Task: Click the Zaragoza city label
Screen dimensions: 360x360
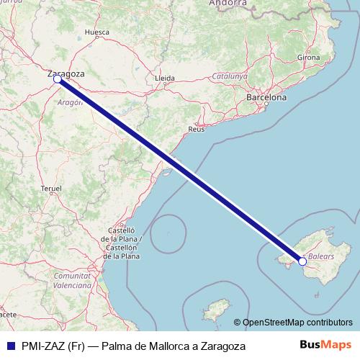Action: click(66, 73)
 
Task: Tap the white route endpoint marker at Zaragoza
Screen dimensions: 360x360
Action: click(57, 80)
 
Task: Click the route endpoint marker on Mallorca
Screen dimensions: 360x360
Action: click(302, 262)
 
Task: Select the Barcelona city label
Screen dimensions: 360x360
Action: click(266, 96)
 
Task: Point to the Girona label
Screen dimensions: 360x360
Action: click(308, 58)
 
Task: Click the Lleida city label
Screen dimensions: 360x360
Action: click(165, 77)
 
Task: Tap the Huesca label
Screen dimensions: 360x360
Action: click(96, 32)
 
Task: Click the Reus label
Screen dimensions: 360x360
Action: click(197, 129)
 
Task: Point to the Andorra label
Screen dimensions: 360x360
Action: click(228, 4)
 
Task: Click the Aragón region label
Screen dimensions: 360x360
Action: click(70, 103)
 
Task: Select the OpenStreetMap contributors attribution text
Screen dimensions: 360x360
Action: click(298, 323)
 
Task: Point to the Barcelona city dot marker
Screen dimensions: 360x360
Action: click(266, 105)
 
